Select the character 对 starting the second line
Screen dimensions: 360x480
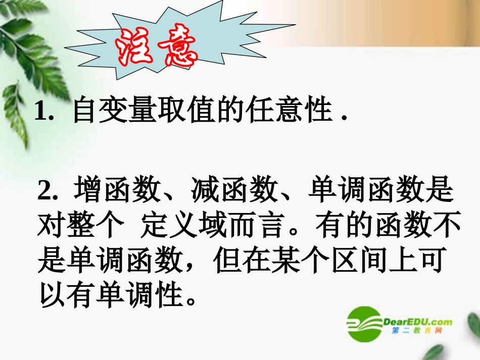click(51, 226)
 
